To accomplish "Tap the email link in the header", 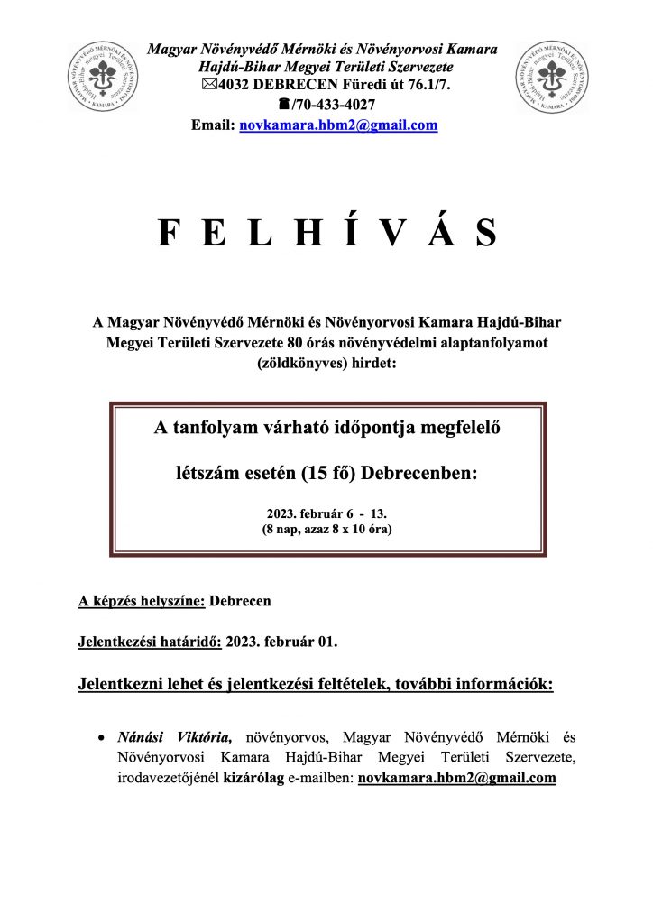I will point(338,126).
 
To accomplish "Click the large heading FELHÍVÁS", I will point(326,234).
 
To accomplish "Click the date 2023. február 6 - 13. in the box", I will point(326,513).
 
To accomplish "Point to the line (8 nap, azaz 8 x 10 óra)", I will point(326,529).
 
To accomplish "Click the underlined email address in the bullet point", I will point(457,776).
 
